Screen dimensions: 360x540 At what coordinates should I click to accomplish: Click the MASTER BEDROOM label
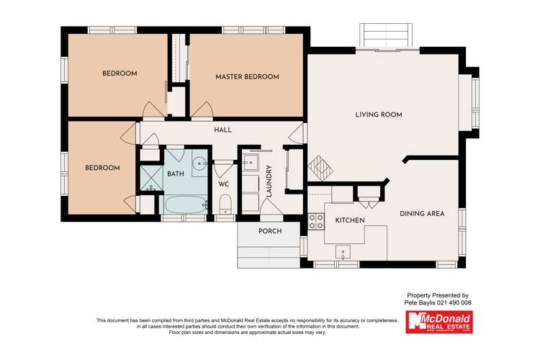pos(247,77)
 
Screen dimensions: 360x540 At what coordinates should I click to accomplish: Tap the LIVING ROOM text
pos(379,114)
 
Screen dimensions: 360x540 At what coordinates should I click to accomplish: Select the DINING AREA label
pos(422,213)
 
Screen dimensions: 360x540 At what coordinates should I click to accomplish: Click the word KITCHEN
pos(350,220)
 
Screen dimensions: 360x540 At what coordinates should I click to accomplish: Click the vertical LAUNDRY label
pos(269,181)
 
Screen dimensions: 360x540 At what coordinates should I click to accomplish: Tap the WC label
pos(224,184)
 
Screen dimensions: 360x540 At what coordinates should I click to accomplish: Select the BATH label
pos(176,174)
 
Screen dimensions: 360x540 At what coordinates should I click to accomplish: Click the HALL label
pos(222,130)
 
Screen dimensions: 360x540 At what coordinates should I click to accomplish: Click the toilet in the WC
pos(224,204)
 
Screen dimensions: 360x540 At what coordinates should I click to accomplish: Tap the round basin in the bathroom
pos(199,162)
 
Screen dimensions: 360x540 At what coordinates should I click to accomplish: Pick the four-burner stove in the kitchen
pos(315,222)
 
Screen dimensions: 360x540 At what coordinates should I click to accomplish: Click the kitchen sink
pos(343,253)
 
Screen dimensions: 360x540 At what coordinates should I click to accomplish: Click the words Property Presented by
pos(438,295)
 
